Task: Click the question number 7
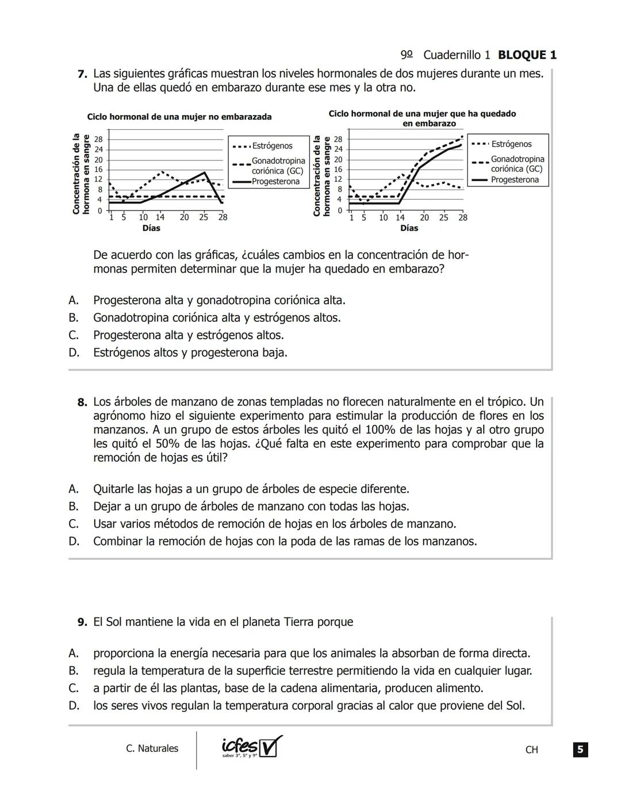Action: tap(82, 74)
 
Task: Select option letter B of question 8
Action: tap(73, 506)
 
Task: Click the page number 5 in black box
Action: tap(580, 750)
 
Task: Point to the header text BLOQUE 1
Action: tap(527, 55)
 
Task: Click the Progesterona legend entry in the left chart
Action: tap(275, 182)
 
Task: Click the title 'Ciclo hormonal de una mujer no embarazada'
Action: tap(179, 117)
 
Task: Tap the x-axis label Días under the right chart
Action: tap(409, 228)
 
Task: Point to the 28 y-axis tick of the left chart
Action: tap(98, 139)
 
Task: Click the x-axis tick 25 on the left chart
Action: tap(204, 217)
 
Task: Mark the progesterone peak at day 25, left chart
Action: tap(205, 172)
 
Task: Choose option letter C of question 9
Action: tap(73, 688)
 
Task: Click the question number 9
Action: tap(82, 622)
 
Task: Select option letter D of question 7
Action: tap(73, 352)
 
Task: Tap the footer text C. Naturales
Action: tap(152, 748)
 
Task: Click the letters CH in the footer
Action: tap(531, 750)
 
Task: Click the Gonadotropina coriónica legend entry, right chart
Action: tap(517, 164)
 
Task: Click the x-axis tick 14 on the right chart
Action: tap(400, 217)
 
